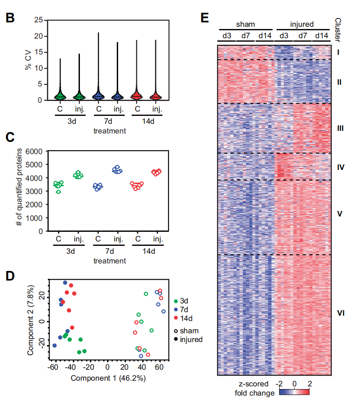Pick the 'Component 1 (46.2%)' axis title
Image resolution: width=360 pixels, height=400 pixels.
point(108,378)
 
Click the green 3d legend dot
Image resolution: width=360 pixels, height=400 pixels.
point(176,301)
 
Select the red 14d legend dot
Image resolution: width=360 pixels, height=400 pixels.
point(176,318)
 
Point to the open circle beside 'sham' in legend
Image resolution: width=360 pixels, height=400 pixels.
point(176,331)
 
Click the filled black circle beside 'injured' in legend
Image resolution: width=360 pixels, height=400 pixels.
point(176,339)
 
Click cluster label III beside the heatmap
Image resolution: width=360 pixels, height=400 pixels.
point(339,129)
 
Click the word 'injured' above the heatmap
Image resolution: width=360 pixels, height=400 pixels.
point(302,25)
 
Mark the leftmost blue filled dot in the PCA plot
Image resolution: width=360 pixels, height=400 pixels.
point(54,346)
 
